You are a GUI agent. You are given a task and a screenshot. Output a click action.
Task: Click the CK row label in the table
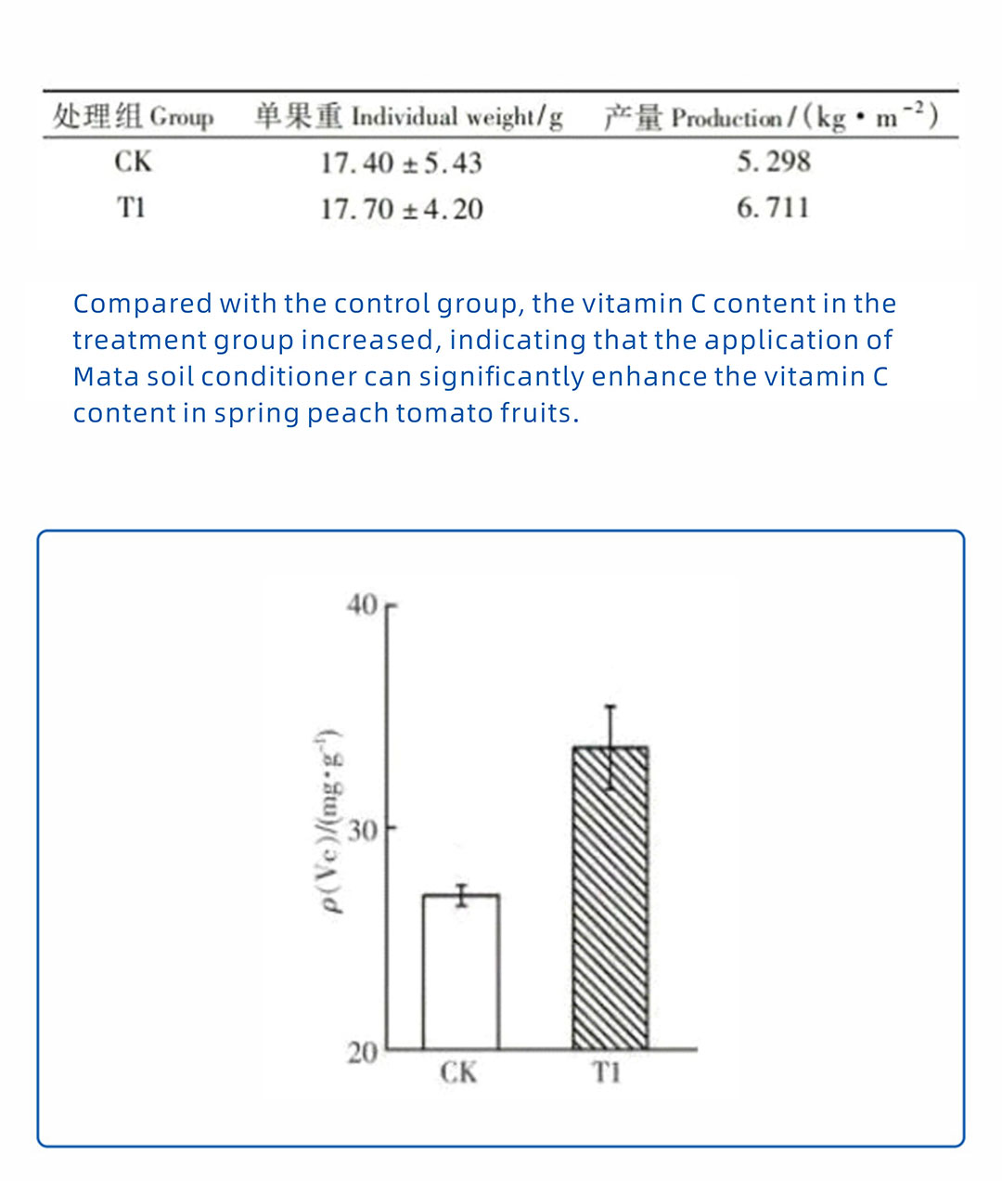pos(133,162)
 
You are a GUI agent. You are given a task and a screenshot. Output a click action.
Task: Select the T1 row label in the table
pos(131,207)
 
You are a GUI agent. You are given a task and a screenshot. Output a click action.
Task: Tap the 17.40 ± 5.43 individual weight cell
pos(401,163)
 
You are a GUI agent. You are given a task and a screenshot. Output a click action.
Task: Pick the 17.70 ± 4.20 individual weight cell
pos(402,209)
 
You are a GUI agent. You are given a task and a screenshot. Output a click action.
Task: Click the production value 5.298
pos(774,162)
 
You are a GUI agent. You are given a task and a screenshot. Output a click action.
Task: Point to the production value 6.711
pos(773,207)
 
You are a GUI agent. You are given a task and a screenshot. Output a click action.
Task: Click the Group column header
pos(133,117)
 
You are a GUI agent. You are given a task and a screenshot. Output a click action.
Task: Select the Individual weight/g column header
pos(409,117)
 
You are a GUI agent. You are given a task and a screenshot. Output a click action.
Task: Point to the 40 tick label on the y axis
pos(362,605)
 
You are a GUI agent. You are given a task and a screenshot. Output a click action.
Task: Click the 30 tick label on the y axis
pos(363,828)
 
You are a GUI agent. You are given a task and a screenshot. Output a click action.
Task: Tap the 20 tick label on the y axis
pos(363,1052)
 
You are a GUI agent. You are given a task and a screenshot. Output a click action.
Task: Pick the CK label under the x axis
pos(458,1073)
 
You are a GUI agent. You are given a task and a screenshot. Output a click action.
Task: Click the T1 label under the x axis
pos(606,1073)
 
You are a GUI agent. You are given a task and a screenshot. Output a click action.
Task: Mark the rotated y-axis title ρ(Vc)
pos(331,822)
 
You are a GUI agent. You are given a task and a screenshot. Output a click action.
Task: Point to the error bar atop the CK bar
pos(461,894)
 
